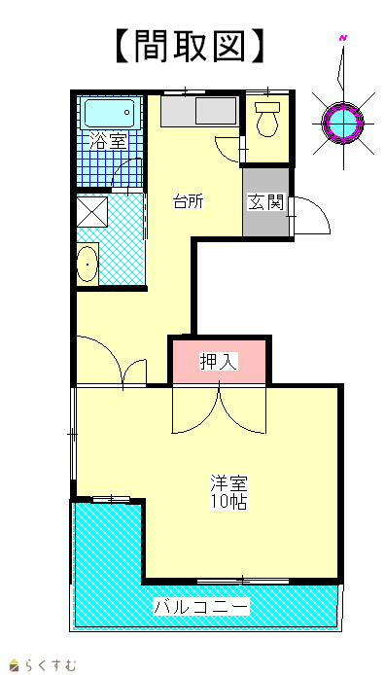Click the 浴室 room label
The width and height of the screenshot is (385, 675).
[108, 141]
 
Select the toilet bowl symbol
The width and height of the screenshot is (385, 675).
[267, 120]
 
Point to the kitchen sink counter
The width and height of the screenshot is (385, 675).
[199, 111]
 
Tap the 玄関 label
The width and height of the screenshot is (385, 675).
[266, 202]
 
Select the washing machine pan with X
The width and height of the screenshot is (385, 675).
[92, 211]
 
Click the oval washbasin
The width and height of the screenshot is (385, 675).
[87, 264]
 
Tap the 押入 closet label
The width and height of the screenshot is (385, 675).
[219, 362]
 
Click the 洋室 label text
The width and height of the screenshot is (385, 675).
[228, 483]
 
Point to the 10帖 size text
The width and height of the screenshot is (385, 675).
[228, 501]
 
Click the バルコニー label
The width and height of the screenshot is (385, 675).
[202, 607]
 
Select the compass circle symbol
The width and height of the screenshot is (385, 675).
[343, 123]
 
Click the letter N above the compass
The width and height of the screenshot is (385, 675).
[343, 38]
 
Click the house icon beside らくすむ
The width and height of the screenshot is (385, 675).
[15, 665]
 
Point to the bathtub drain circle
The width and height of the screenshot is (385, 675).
[127, 113]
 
